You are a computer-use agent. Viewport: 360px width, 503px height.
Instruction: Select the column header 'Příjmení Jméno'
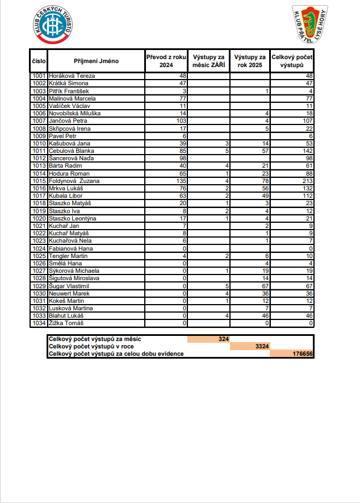click(x=96, y=61)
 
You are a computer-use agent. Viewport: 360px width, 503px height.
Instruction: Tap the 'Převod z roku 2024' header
click(x=166, y=61)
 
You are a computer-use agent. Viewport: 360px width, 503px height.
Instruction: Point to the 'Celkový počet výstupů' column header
click(x=292, y=61)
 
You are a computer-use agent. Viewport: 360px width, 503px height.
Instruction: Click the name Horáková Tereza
click(x=72, y=76)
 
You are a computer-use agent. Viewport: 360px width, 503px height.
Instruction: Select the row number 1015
click(x=39, y=181)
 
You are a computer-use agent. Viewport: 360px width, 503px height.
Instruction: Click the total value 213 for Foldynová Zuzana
click(x=307, y=181)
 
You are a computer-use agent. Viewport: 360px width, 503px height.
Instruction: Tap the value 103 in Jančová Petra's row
click(x=182, y=120)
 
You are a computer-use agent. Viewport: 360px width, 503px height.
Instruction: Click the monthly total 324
click(x=223, y=339)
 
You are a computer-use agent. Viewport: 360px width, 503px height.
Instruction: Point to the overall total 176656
click(x=302, y=354)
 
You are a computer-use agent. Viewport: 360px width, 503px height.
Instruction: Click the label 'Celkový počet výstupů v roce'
click(x=91, y=346)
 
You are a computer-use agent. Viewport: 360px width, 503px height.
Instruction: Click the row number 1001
click(x=39, y=76)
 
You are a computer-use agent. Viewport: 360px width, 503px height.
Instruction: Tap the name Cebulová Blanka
click(x=72, y=151)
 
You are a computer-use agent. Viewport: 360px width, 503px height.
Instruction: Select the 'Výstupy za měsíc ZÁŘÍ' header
click(x=208, y=61)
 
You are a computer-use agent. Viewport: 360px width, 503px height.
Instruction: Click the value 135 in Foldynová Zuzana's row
click(x=182, y=181)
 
